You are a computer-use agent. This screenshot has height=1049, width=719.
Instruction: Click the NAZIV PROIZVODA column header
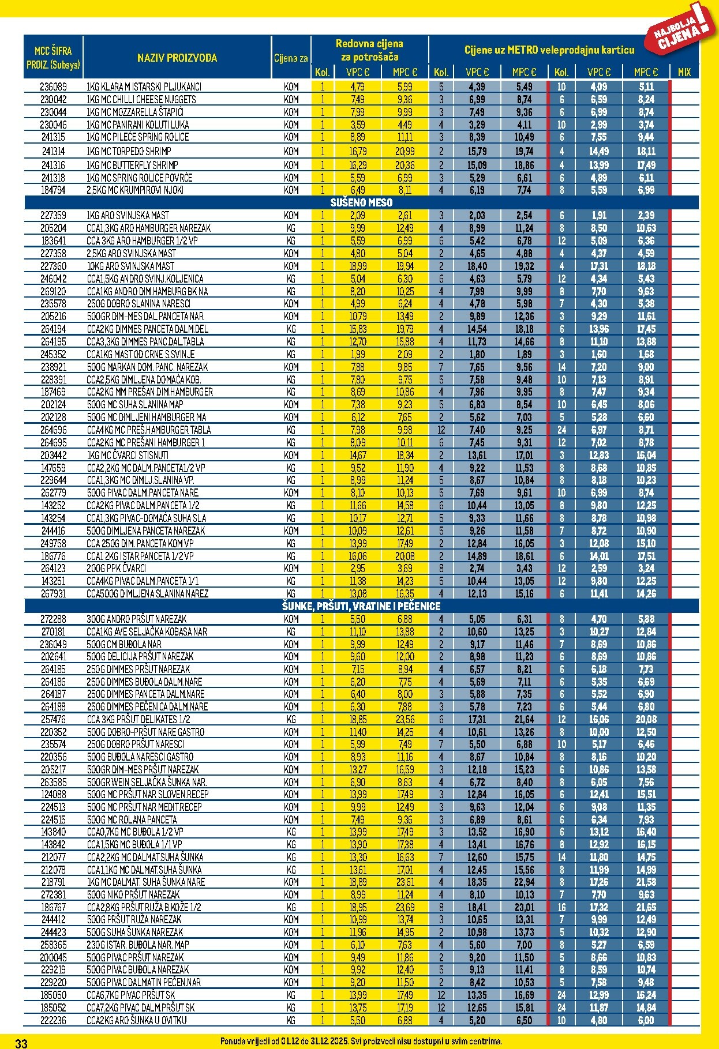(177, 58)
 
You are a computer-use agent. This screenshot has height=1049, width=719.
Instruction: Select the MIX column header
(684, 72)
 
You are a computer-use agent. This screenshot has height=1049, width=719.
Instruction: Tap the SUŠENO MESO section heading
(361, 202)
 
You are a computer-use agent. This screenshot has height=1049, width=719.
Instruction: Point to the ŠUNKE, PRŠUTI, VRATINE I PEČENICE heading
(361, 606)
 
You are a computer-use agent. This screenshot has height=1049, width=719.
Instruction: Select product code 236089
(53, 87)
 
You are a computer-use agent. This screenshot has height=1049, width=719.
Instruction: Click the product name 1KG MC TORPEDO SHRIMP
(129, 152)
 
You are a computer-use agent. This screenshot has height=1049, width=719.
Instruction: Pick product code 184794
(53, 190)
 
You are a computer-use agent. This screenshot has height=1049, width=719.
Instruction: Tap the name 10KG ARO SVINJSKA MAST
(130, 266)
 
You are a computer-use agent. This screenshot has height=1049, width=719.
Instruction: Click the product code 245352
(53, 354)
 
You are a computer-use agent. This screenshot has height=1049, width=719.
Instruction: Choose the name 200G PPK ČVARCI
(117, 568)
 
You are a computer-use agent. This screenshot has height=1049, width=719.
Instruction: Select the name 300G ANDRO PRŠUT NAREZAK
(137, 619)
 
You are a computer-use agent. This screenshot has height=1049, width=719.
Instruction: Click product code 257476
(53, 719)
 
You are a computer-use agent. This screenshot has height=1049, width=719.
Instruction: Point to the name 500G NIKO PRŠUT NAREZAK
(133, 894)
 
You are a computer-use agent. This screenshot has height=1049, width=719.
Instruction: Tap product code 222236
(53, 1020)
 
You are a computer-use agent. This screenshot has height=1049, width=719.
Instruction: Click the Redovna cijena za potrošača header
(369, 50)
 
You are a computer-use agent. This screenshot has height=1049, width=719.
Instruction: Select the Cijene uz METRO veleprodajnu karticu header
(549, 50)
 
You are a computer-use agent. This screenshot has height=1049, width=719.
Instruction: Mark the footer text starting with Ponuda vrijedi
(361, 1042)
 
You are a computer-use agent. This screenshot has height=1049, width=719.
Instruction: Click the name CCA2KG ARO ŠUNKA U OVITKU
(137, 1020)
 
